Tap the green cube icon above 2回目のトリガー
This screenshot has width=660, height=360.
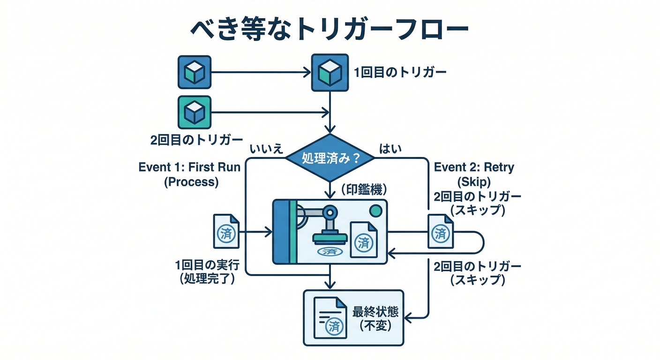[194, 112]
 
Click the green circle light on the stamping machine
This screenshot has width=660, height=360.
[375, 211]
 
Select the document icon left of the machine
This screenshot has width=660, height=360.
[226, 231]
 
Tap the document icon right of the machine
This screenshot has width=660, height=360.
[441, 231]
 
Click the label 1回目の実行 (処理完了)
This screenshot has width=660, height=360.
[208, 272]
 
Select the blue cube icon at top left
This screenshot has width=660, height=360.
[194, 73]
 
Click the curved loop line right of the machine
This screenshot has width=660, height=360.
[482, 242]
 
